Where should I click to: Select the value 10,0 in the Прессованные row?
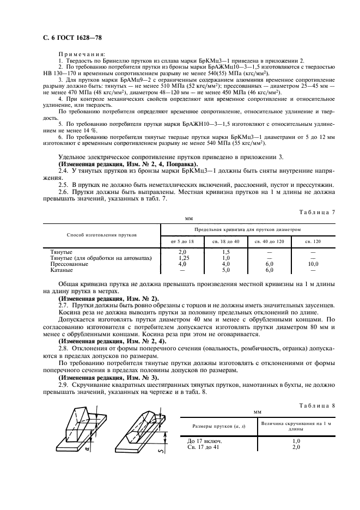[x=313, y=264]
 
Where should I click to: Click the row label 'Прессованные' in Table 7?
[x=69, y=264]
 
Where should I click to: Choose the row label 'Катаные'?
[x=61, y=269]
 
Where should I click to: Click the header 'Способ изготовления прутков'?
[x=101, y=234]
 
